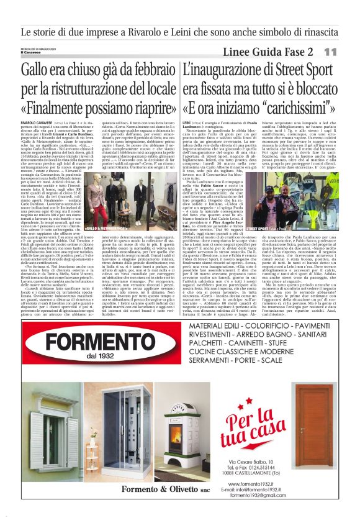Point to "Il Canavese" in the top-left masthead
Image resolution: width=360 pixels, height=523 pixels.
tap(31, 52)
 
